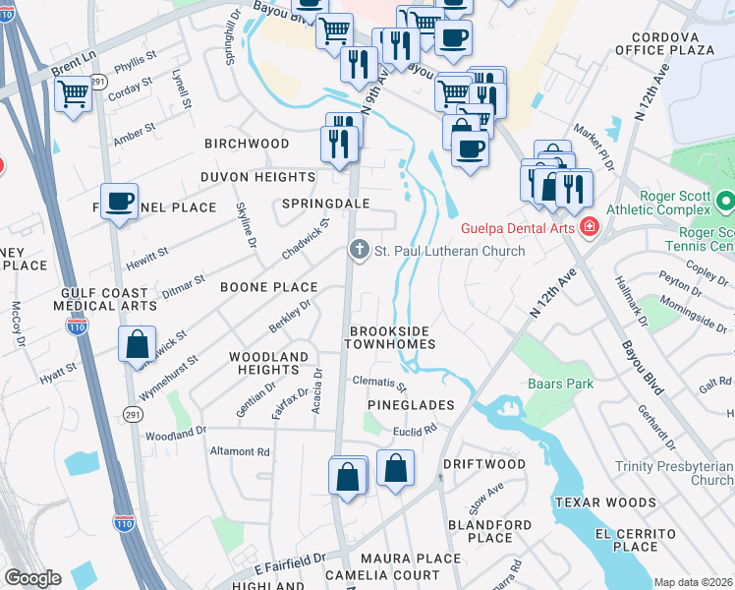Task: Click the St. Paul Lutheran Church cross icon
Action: click(x=360, y=251)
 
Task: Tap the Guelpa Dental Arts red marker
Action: click(x=589, y=228)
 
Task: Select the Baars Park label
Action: click(x=560, y=383)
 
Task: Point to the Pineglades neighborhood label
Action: click(x=411, y=405)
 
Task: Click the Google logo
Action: click(x=32, y=578)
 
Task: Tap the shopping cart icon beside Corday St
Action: click(x=74, y=95)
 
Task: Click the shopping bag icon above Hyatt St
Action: click(x=138, y=344)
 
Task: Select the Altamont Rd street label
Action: click(x=240, y=452)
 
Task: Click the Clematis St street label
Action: click(x=379, y=383)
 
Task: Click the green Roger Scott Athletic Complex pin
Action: click(x=725, y=202)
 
